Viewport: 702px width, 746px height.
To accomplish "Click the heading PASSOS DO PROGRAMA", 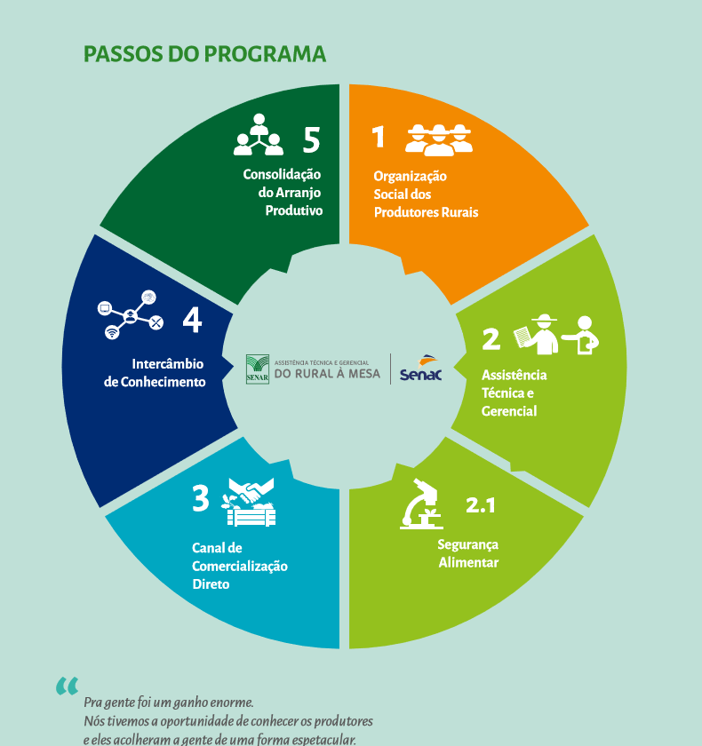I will click(x=205, y=54).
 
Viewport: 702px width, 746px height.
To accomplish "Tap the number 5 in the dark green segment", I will click(x=310, y=139).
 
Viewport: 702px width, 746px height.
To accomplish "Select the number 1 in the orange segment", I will click(x=379, y=137).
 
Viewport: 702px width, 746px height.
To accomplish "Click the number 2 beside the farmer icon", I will click(x=491, y=339).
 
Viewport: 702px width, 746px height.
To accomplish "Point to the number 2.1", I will click(x=481, y=506).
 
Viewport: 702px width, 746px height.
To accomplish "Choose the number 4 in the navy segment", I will click(x=192, y=320).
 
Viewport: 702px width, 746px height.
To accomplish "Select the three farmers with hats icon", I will click(x=439, y=139).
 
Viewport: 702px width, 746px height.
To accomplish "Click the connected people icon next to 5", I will click(x=259, y=134).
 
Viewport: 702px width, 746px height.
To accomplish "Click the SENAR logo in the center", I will click(x=258, y=368).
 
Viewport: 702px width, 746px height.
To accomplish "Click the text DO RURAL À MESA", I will click(x=327, y=374).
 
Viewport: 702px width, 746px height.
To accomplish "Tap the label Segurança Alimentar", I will click(x=468, y=553).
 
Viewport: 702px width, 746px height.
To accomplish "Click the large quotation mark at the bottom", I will click(x=67, y=686).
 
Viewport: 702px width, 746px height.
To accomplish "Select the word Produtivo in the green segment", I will click(x=293, y=211).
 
